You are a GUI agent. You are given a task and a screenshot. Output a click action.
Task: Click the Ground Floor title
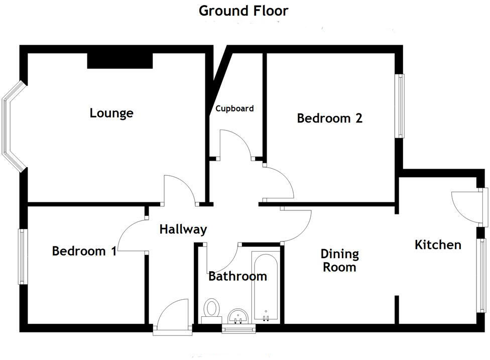point(243,11)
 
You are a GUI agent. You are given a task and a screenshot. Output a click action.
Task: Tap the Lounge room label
point(111,113)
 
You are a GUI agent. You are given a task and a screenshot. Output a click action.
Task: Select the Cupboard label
point(234,108)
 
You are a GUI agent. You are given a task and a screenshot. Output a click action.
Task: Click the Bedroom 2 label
point(329,118)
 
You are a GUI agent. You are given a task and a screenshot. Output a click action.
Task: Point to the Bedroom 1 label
point(84,251)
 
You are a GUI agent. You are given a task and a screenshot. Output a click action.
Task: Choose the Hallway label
point(183,229)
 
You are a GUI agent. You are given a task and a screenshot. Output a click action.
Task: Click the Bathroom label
point(237,276)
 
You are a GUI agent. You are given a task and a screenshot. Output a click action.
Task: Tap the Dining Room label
point(340,260)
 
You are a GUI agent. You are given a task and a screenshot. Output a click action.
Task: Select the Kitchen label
point(437,245)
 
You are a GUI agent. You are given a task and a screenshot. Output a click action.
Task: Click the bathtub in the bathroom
point(265,286)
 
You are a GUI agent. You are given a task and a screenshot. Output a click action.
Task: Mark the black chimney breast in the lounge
point(120,60)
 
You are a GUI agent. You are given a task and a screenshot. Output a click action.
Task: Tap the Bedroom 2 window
point(400,106)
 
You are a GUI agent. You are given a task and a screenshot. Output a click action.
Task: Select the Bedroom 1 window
point(23,257)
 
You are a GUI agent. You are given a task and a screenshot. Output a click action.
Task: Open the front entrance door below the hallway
point(172,316)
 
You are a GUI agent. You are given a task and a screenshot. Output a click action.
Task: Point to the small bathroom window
point(239,329)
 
